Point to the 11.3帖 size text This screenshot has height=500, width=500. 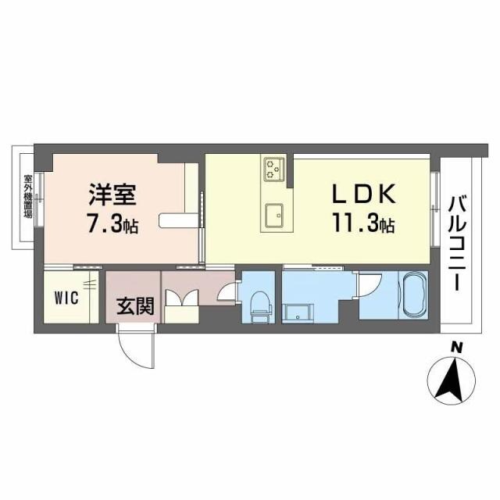click(x=365, y=225)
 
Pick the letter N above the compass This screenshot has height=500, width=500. click(x=456, y=348)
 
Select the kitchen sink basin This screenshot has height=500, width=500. click(x=273, y=213)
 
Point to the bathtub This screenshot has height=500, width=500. click(x=411, y=295)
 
